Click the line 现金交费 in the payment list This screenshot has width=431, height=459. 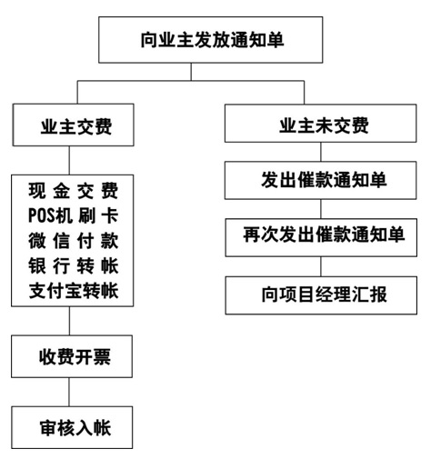click(73, 192)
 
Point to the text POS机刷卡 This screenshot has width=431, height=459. click(73, 217)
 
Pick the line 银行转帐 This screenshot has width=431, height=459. click(73, 268)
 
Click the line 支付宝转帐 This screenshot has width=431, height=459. click(73, 293)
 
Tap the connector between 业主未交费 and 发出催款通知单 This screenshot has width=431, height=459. click(318, 152)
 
